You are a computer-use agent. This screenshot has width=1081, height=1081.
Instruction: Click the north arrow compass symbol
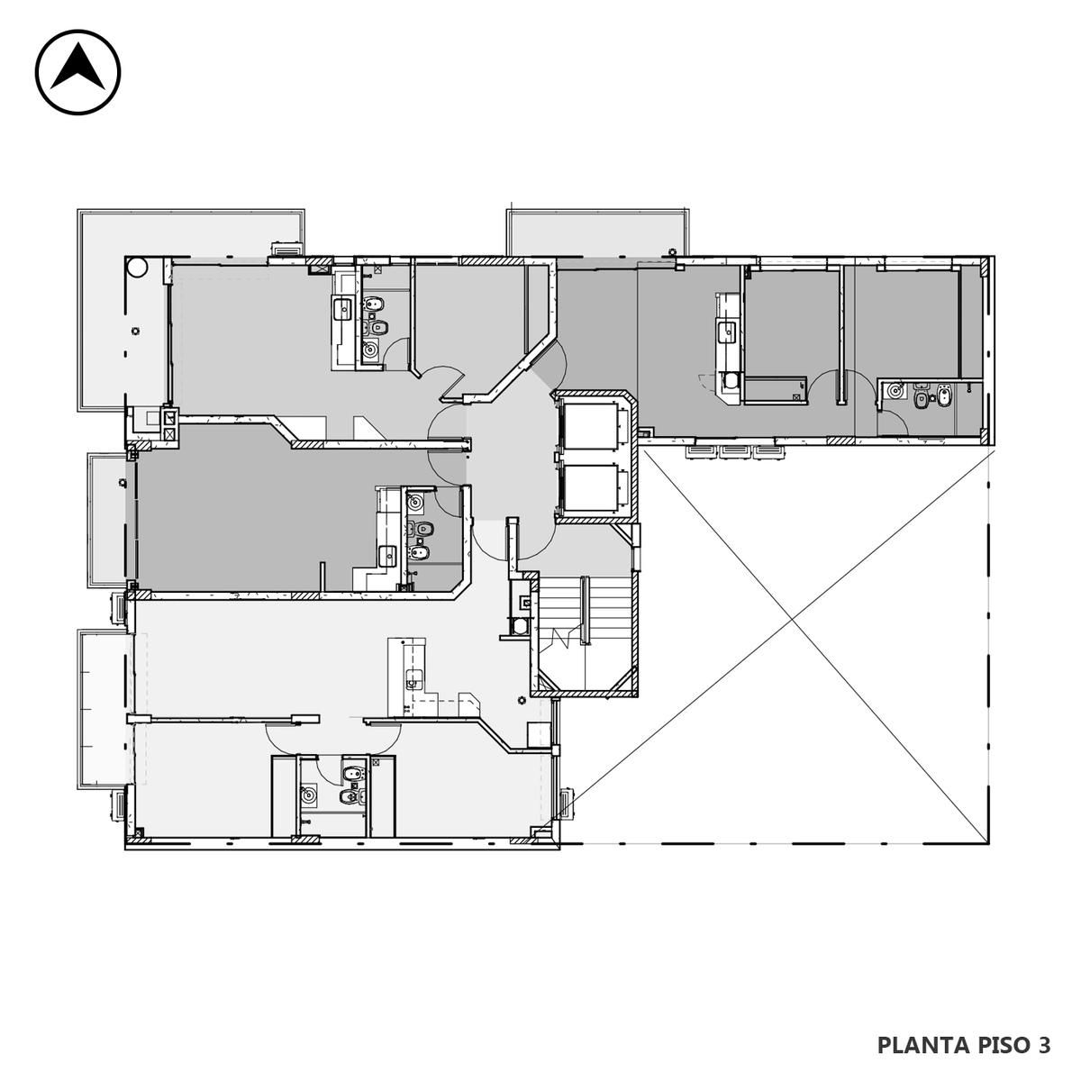tap(78, 72)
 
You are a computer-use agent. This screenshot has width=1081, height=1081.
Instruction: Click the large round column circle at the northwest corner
tap(137, 267)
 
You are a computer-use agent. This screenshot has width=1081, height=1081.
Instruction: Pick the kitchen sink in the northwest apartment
tap(342, 309)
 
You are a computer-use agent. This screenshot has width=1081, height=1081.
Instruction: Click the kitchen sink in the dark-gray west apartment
tap(387, 556)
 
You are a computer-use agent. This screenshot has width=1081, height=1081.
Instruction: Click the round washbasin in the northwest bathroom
tap(369, 350)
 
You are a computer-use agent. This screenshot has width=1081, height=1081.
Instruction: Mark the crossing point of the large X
tap(792, 619)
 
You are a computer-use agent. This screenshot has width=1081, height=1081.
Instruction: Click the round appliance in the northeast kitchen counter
tap(731, 381)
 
